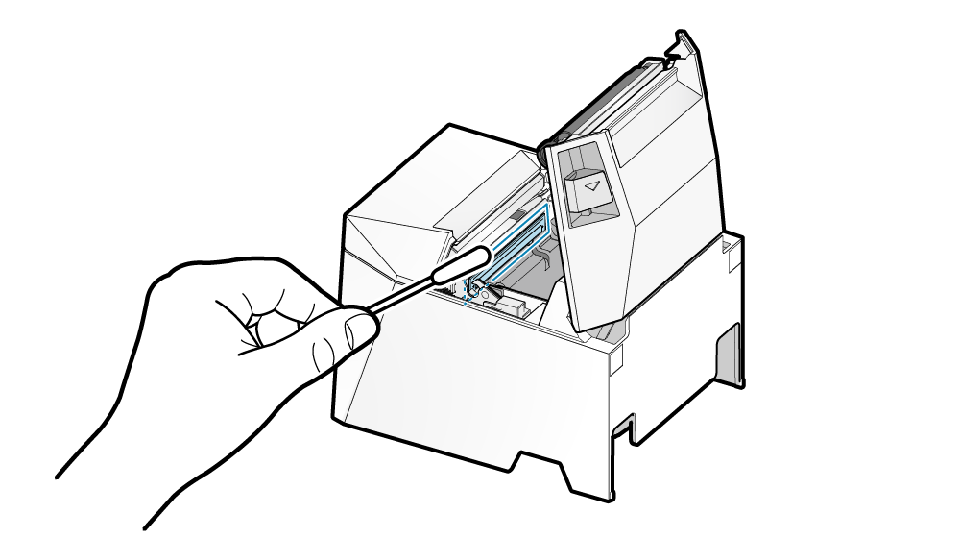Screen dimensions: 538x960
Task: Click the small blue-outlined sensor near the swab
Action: click(x=475, y=285)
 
